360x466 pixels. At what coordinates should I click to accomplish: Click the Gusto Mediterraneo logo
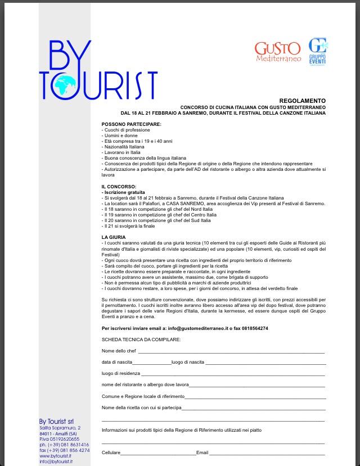[x=278, y=52]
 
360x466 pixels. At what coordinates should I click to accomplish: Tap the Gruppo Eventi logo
[x=318, y=52]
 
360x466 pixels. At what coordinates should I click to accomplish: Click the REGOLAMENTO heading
[x=307, y=101]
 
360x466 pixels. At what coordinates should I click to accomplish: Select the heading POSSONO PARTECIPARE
[x=131, y=124]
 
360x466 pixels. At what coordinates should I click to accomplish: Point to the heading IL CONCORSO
[x=120, y=187]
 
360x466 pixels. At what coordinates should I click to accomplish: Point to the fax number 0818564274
[x=254, y=328]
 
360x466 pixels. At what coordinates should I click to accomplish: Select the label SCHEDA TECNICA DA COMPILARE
[x=141, y=340]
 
